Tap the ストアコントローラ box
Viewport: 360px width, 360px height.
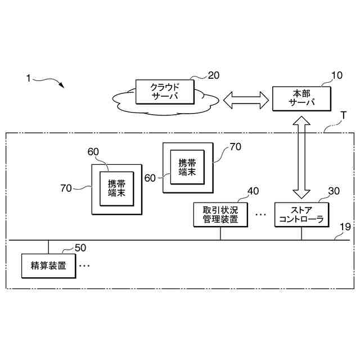[x=301, y=214]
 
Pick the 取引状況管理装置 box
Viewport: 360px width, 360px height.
[x=219, y=214]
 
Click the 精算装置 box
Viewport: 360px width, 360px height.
[x=48, y=265]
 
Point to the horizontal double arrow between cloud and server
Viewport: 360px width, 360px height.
[x=246, y=100]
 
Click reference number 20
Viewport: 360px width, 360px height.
[x=214, y=76]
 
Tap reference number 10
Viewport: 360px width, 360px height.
[x=336, y=76]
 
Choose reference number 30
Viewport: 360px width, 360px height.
[x=334, y=191]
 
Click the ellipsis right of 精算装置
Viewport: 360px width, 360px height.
[x=84, y=265]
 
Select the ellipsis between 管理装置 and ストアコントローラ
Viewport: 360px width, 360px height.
[x=260, y=214]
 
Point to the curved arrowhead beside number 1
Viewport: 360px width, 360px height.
[x=61, y=85]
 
